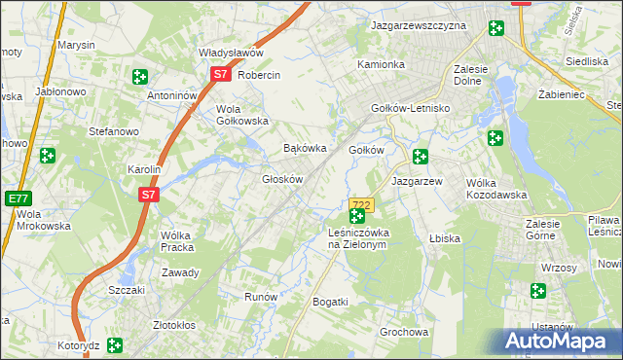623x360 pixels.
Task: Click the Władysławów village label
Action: (232, 53)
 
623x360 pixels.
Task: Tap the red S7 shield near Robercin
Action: (221, 74)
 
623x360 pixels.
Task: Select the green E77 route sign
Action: (17, 198)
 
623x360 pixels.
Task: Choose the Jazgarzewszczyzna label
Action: (420, 26)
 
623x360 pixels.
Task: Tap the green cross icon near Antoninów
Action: (140, 76)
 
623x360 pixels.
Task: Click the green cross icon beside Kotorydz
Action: (115, 344)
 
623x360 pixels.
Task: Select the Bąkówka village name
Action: (303, 149)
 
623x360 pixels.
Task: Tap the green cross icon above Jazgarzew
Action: (420, 156)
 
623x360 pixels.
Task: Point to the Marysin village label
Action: (76, 46)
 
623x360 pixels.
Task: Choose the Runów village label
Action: (262, 297)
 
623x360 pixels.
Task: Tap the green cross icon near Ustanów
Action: (538, 290)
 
